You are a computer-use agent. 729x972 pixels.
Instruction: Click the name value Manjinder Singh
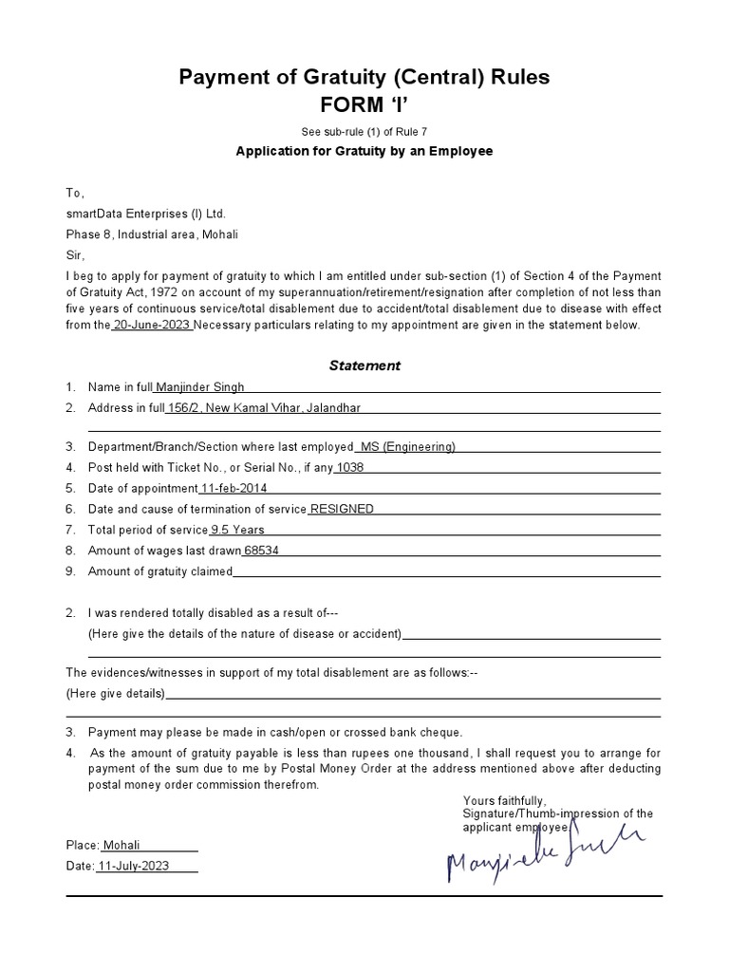click(x=199, y=387)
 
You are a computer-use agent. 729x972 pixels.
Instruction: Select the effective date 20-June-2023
click(x=153, y=325)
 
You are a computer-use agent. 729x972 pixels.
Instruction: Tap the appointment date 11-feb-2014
click(x=234, y=488)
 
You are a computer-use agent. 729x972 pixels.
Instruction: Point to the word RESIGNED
click(x=342, y=509)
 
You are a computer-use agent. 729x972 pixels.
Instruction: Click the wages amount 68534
click(x=261, y=551)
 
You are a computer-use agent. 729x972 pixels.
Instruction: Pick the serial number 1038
click(x=350, y=468)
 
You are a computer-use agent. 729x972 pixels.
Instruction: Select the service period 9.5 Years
click(x=237, y=530)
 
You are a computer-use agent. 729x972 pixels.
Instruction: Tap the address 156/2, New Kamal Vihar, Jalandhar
click(x=264, y=408)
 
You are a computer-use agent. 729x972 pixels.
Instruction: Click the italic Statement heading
click(x=364, y=365)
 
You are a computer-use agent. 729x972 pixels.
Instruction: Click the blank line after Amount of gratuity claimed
click(x=446, y=571)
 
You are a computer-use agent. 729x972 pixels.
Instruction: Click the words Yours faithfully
click(x=504, y=800)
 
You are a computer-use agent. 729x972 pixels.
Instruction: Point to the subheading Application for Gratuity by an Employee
click(x=364, y=151)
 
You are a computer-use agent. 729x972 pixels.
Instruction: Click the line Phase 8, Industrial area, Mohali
click(x=152, y=234)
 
